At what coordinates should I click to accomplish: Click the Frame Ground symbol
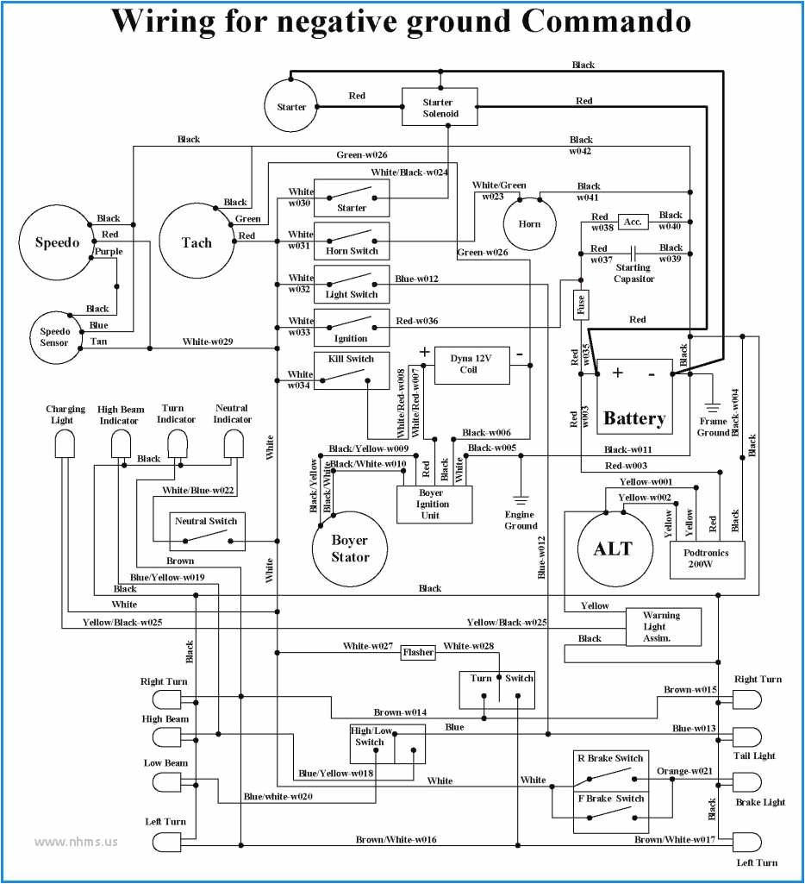pos(713,407)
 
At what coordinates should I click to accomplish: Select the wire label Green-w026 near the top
pos(362,154)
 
